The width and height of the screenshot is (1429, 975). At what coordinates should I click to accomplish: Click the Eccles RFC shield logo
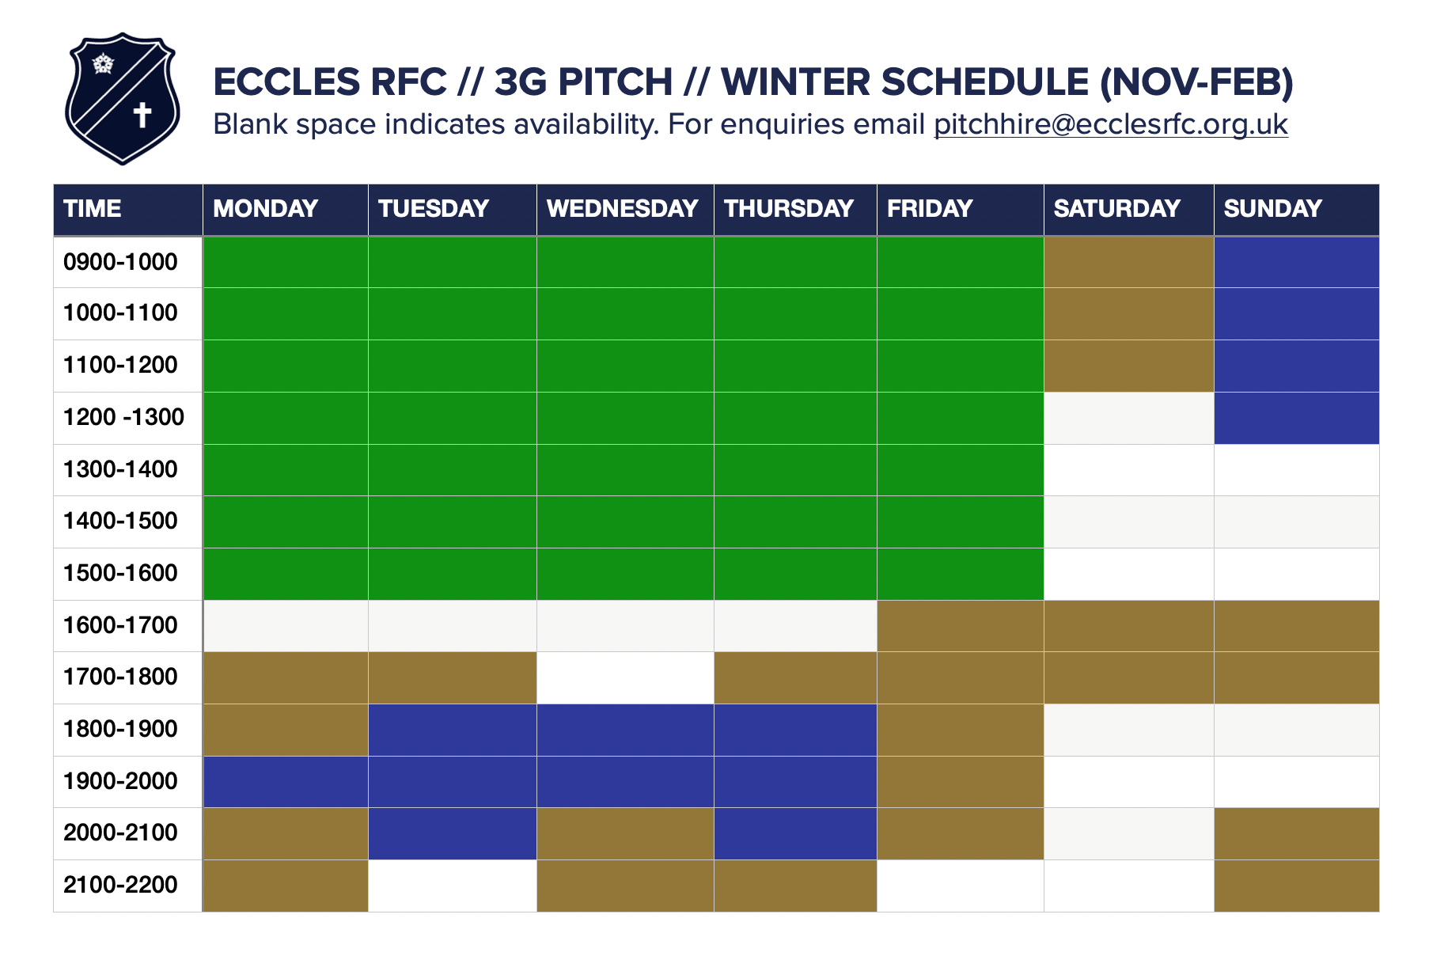pyautogui.click(x=123, y=98)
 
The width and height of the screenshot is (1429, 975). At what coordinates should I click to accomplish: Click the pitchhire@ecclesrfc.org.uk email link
pyautogui.click(x=1111, y=124)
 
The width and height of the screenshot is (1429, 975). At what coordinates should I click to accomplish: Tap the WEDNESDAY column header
pyautogui.click(x=622, y=208)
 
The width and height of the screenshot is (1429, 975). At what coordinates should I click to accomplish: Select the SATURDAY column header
pyautogui.click(x=1116, y=208)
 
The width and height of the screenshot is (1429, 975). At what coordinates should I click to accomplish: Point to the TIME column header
pyautogui.click(x=93, y=208)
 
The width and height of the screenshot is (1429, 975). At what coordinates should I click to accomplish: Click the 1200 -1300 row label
pyautogui.click(x=123, y=417)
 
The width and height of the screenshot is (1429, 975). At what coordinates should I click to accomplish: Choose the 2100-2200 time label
pyautogui.click(x=120, y=885)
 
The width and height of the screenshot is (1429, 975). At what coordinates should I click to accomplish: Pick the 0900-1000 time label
pyautogui.click(x=120, y=262)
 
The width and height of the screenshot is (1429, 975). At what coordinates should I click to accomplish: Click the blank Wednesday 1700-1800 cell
pyautogui.click(x=625, y=678)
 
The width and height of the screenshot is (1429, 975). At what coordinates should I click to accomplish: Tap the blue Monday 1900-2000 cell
pyautogui.click(x=286, y=782)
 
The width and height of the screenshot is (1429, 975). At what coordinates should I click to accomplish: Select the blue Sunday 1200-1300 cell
pyautogui.click(x=1297, y=418)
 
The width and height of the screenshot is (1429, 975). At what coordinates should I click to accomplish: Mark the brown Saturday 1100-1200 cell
pyautogui.click(x=1129, y=366)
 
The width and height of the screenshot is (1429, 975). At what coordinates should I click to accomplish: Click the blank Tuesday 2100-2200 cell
pyautogui.click(x=453, y=886)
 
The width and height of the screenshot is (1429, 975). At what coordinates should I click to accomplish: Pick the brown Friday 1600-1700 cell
pyautogui.click(x=961, y=626)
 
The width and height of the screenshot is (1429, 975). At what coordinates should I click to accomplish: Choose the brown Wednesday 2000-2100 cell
pyautogui.click(x=625, y=834)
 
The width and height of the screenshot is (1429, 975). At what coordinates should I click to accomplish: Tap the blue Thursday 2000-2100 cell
pyautogui.click(x=795, y=834)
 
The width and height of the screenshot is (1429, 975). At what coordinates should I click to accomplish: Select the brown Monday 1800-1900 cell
pyautogui.click(x=286, y=730)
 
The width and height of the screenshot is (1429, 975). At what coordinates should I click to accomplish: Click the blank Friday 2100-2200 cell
pyautogui.click(x=961, y=886)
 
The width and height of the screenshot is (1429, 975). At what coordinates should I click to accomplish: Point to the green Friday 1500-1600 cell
pyautogui.click(x=961, y=574)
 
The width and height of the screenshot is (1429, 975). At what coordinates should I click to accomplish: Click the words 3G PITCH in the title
pyautogui.click(x=584, y=82)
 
